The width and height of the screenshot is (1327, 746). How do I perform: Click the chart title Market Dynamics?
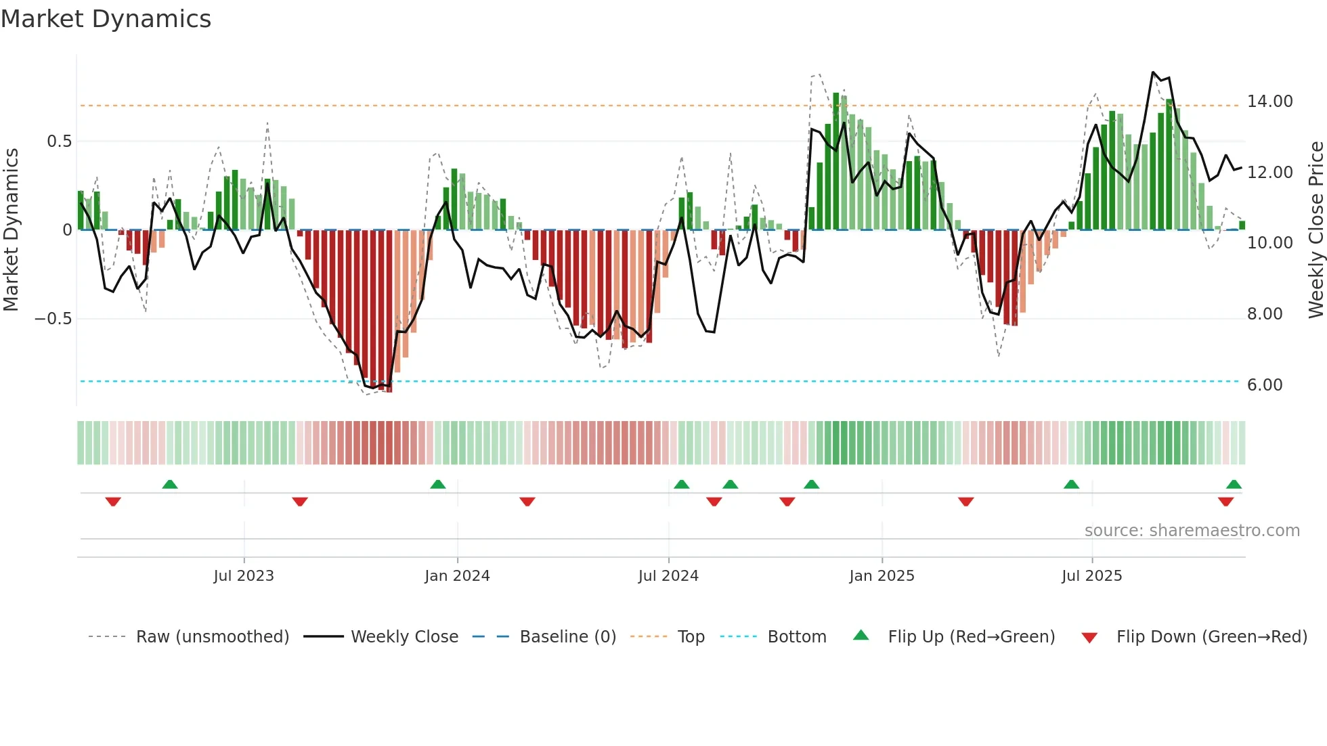[106, 19]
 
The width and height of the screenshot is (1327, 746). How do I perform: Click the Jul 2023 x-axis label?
[244, 576]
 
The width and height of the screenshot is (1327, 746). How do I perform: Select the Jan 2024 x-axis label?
[457, 576]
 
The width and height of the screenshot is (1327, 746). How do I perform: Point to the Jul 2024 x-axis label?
[668, 576]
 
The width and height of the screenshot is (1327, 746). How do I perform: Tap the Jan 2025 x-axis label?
[882, 576]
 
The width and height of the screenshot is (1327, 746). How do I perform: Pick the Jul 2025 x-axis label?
[1091, 576]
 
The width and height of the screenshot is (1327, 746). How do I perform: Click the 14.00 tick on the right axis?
[1269, 102]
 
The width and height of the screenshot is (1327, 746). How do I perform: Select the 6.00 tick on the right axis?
[1264, 385]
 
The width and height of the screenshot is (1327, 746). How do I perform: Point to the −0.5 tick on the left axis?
[53, 319]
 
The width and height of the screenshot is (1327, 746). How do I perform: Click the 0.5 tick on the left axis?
[59, 141]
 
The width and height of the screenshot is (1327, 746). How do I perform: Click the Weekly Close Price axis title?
[1315, 229]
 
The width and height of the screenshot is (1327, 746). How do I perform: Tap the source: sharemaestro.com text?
[1192, 531]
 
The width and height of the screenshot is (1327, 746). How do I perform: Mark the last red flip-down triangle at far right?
[1225, 502]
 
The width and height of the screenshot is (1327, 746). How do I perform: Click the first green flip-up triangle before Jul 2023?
[170, 485]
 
